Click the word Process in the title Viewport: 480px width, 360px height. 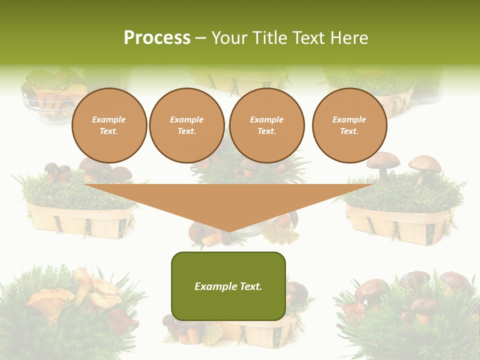[x=157, y=38]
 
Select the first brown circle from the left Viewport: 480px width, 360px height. [x=109, y=125]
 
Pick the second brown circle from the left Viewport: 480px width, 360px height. [x=187, y=125]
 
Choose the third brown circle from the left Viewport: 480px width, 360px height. [x=266, y=125]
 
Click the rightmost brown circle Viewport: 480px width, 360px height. [x=349, y=125]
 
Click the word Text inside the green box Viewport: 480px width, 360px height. [x=249, y=286]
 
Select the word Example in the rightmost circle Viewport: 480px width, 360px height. [x=349, y=119]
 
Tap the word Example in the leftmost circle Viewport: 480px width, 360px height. [x=109, y=119]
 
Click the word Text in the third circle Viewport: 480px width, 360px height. [x=266, y=131]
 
